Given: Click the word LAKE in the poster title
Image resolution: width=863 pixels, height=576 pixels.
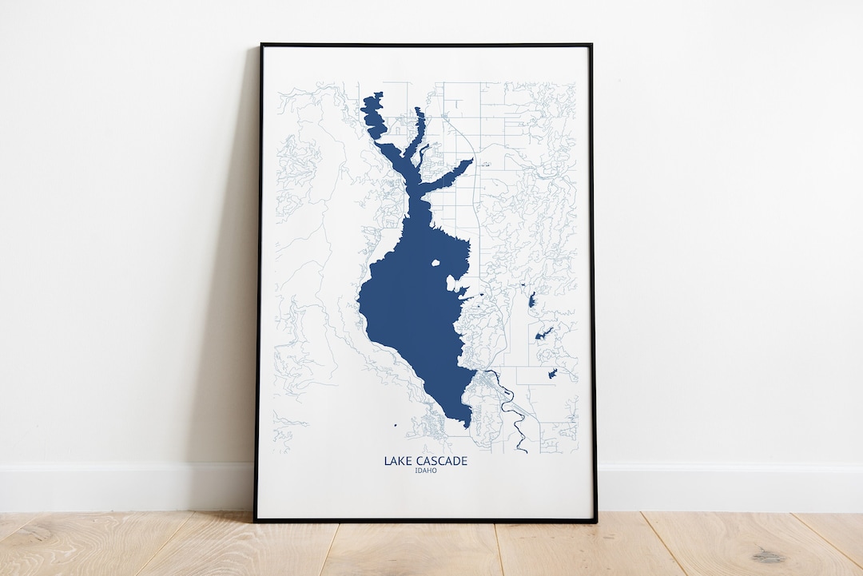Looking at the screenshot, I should (x=398, y=461).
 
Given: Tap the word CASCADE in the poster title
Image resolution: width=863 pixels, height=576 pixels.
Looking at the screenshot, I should (x=440, y=461).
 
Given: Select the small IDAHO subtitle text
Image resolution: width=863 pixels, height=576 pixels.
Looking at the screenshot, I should (x=426, y=471).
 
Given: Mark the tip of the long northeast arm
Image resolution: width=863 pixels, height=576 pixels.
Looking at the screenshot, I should (x=471, y=161).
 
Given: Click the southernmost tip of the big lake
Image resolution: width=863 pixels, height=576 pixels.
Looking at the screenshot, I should (x=467, y=425).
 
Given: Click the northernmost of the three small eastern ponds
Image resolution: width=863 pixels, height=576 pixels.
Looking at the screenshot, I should (x=532, y=300).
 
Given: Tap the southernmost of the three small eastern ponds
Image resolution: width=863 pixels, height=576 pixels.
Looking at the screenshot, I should (x=552, y=373).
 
